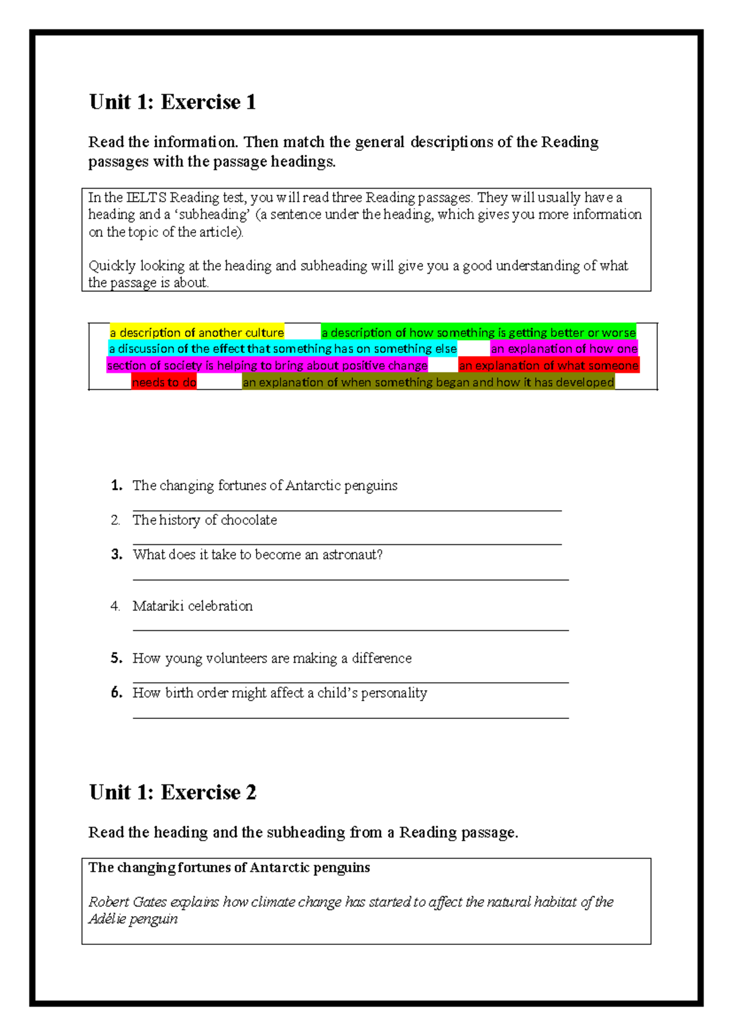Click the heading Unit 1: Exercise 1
pyautogui.click(x=172, y=102)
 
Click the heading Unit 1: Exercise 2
pyautogui.click(x=172, y=792)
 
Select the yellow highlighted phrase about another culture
pyautogui.click(x=197, y=333)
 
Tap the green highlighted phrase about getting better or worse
pyautogui.click(x=478, y=333)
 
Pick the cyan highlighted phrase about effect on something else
pyautogui.click(x=282, y=349)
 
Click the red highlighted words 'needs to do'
pyautogui.click(x=164, y=382)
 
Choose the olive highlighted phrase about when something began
pyautogui.click(x=428, y=382)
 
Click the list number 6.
pyautogui.click(x=116, y=693)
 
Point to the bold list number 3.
pyautogui.click(x=116, y=555)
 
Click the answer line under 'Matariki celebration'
pyautogui.click(x=351, y=630)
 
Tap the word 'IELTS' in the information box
pyautogui.click(x=147, y=198)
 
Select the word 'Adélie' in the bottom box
pyautogui.click(x=107, y=919)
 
